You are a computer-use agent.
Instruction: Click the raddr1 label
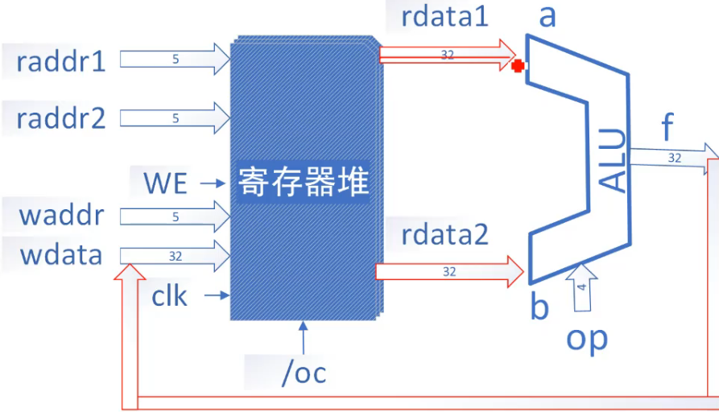pyautogui.click(x=61, y=61)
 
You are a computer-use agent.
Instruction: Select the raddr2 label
pyautogui.click(x=61, y=118)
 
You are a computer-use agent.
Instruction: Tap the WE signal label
pyautogui.click(x=166, y=183)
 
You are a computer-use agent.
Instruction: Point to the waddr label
pyautogui.click(x=61, y=216)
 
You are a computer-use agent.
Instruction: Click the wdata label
pyautogui.click(x=61, y=255)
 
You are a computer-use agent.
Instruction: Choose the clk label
pyautogui.click(x=169, y=296)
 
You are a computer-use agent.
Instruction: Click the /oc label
pyautogui.click(x=303, y=373)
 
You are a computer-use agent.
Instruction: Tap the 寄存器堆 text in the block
pyautogui.click(x=304, y=183)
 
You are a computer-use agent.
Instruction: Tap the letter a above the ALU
pyautogui.click(x=548, y=16)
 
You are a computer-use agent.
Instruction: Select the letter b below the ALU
pyautogui.click(x=541, y=308)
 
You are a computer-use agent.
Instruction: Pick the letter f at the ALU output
pyautogui.click(x=667, y=127)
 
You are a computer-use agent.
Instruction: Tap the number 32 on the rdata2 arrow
pyautogui.click(x=449, y=272)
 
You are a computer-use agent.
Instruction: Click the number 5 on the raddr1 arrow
pyautogui.click(x=175, y=60)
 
